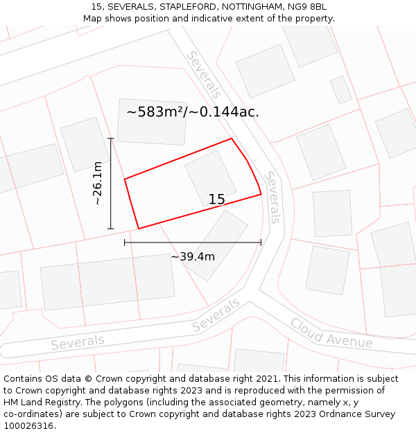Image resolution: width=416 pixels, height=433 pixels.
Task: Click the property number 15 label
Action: point(216,200)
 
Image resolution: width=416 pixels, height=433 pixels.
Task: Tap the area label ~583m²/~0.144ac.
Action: point(193,112)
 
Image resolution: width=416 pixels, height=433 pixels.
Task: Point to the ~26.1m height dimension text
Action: point(98,183)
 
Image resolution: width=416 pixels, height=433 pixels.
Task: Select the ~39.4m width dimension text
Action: point(193,256)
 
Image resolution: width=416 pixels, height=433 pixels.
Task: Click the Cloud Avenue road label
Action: point(331,333)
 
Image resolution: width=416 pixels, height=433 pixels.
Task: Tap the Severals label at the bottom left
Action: point(77,342)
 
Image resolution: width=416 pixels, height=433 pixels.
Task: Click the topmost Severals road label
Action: point(203,73)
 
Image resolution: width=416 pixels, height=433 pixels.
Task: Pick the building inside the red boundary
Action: point(211,177)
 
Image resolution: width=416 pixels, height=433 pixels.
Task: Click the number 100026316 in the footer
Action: point(29,426)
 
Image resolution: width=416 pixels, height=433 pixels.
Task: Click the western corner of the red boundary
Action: point(125,179)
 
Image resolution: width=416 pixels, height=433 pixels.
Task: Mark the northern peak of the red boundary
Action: point(231,139)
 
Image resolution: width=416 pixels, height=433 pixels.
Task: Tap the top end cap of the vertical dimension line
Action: point(111,139)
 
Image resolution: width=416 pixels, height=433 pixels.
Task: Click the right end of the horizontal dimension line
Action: point(261,242)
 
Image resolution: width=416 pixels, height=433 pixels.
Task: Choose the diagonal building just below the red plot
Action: point(216,245)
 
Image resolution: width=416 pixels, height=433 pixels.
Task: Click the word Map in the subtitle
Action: point(93,19)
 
